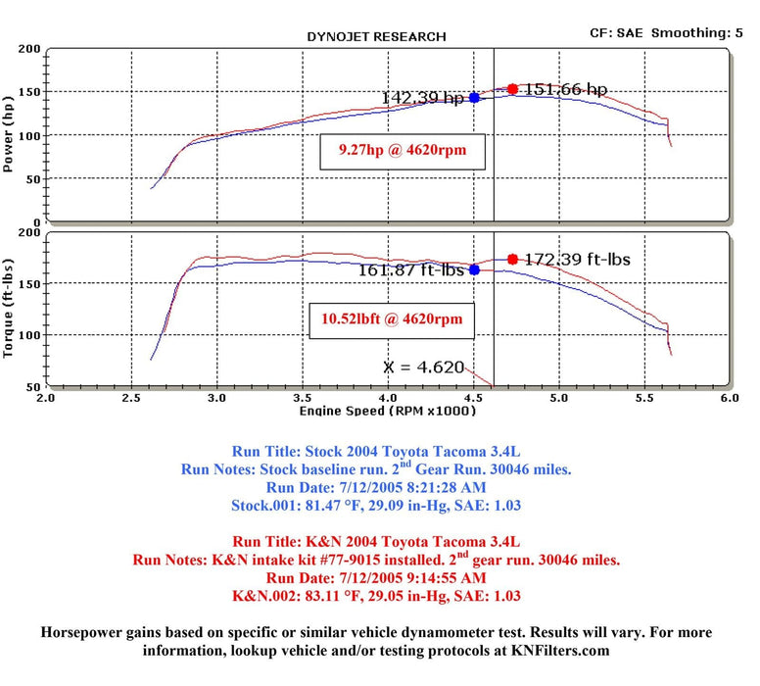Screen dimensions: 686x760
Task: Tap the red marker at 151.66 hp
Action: point(512,89)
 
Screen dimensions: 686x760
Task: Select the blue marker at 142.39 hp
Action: point(474,97)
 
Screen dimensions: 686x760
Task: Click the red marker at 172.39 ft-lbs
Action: point(512,260)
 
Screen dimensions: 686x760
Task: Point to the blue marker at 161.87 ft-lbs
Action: point(474,269)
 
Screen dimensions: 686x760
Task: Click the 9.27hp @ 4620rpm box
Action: point(403,152)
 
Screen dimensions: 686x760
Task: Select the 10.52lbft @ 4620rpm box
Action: point(392,318)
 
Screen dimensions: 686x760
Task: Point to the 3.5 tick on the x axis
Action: point(303,399)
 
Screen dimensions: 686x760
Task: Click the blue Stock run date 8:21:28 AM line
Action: point(377,486)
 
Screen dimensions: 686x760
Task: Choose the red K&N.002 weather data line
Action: point(377,594)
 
